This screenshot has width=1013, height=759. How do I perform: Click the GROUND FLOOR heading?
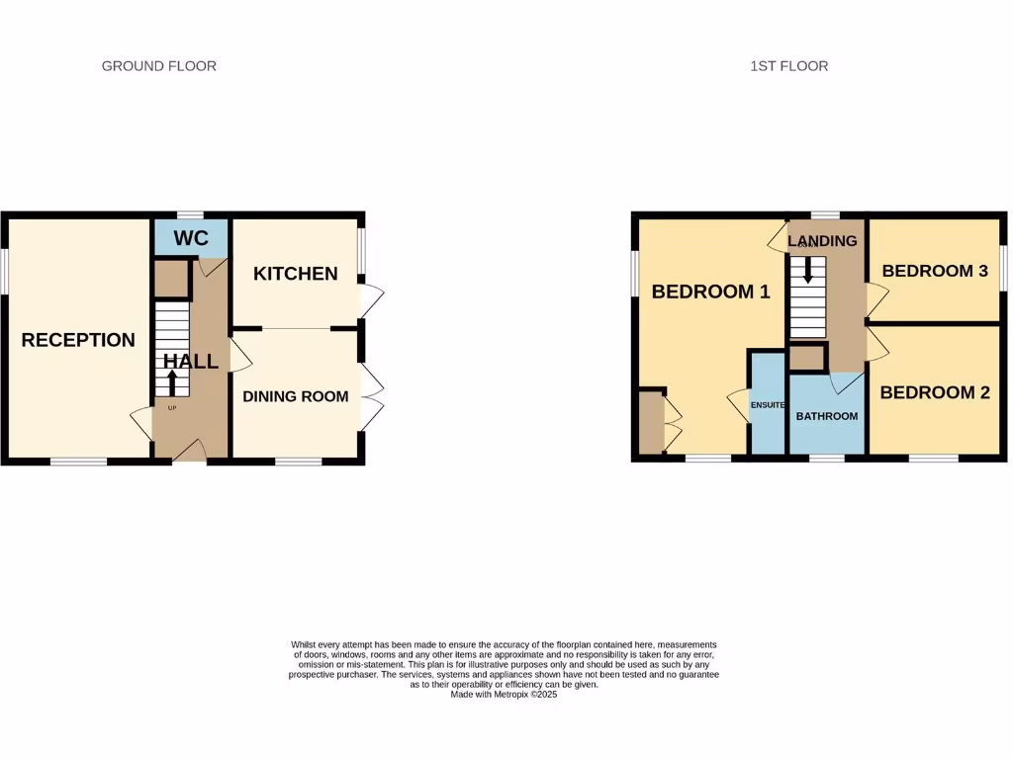pos(158,66)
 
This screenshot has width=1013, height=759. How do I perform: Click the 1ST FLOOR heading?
pos(788,66)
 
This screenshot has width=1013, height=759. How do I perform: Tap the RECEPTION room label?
pos(78,340)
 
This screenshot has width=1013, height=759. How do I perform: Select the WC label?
pos(190,238)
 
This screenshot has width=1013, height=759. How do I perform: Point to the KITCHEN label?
pos(295,274)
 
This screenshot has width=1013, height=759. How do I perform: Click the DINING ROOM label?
pos(295,396)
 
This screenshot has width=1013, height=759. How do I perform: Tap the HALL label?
pos(191,362)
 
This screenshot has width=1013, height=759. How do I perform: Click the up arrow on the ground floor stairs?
pos(172,382)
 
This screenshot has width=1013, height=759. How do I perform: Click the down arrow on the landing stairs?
pos(808,271)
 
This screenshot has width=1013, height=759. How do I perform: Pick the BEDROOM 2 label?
pos(934,392)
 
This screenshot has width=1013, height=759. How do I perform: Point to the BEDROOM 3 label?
pos(935,271)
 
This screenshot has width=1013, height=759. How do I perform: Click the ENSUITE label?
pos(768,405)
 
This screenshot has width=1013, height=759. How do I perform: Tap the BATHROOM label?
pos(827,416)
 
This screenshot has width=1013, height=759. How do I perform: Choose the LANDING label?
pos(822,241)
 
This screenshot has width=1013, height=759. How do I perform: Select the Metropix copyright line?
pos(505,695)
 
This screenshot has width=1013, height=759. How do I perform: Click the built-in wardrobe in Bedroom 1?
pos(650,423)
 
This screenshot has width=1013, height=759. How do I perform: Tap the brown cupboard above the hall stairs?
pos(171,280)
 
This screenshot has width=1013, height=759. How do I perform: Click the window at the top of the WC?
pos(190,214)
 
